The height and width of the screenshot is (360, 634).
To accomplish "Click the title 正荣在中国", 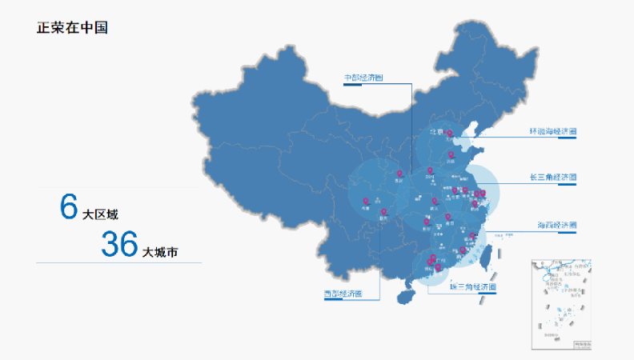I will [73, 27].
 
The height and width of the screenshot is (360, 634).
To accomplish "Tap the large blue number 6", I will [68, 206].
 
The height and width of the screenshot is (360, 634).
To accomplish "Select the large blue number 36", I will [119, 245].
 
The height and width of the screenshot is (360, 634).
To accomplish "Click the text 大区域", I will [100, 214].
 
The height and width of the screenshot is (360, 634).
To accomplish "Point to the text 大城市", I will [160, 252].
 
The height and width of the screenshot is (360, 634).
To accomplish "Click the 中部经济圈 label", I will [363, 78].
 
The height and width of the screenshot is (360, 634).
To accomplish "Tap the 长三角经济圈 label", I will [552, 177].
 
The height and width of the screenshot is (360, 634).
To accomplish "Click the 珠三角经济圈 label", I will [472, 286].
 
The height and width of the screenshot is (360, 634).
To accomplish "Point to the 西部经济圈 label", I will [342, 294].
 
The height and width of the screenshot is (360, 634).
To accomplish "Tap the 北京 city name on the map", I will [436, 131].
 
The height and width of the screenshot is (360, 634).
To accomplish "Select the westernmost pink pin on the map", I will [366, 202].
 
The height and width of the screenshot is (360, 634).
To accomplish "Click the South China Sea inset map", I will [561, 304].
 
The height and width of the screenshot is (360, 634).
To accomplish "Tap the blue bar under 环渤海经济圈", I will [566, 138].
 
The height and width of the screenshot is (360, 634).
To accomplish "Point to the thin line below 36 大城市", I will [118, 262].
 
